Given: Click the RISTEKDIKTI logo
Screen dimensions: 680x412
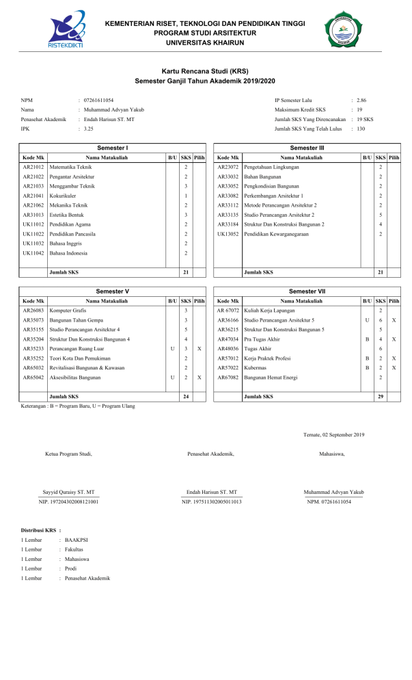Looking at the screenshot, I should (68, 31).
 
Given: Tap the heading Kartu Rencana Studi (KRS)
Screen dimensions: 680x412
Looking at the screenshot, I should (205, 71).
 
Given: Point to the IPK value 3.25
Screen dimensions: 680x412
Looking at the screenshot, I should (88, 129).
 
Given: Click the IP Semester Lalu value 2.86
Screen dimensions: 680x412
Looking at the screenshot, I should (361, 100).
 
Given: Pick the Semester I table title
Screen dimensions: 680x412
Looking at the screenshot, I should (113, 148).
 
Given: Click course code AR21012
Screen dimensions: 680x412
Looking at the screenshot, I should (33, 167).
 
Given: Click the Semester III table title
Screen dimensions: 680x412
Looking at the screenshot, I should (307, 148).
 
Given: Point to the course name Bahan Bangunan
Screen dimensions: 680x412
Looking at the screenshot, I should (262, 176).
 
